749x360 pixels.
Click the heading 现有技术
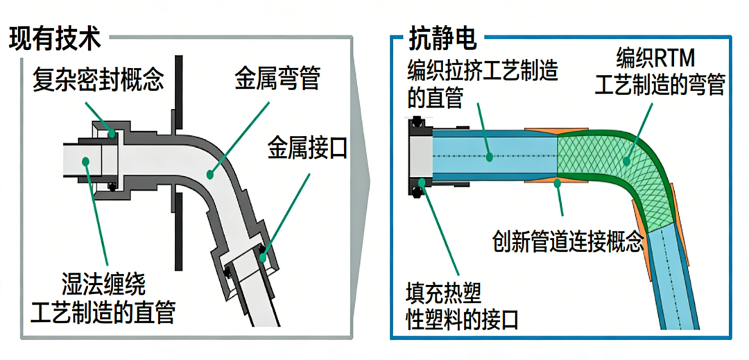(55, 39)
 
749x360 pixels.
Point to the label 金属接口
(307, 148)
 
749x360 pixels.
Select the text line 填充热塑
(444, 292)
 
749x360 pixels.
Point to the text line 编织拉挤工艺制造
(483, 71)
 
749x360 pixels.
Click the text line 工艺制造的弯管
(660, 86)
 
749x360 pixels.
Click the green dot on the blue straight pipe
(490, 157)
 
